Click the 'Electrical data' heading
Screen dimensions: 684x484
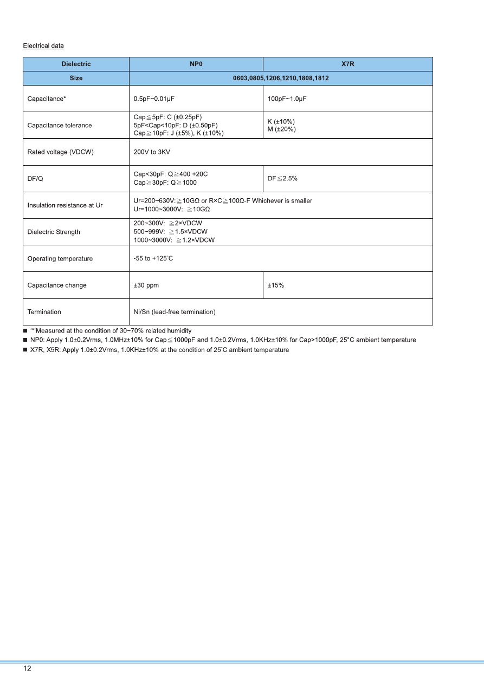(43, 45)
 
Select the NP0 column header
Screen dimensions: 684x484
(196, 64)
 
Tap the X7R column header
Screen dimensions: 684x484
(347, 64)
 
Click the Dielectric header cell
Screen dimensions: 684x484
(76, 64)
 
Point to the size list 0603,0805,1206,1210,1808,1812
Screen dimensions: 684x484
(281, 78)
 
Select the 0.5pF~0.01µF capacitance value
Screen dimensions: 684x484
(154, 99)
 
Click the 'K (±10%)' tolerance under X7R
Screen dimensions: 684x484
(281, 121)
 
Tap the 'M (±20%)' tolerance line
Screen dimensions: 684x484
(281, 129)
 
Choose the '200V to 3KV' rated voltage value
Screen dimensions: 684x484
(152, 152)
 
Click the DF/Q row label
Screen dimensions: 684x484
(36, 179)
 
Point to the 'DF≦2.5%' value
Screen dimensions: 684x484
(282, 179)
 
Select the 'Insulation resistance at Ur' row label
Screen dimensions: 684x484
(65, 205)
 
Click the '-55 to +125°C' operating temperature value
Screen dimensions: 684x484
(153, 258)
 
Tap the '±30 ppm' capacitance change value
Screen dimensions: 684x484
(146, 285)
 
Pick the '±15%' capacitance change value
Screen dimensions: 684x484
(275, 285)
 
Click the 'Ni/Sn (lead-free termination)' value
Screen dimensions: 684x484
(175, 312)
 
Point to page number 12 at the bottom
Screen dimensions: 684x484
(27, 669)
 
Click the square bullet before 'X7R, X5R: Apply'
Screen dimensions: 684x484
(25, 350)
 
